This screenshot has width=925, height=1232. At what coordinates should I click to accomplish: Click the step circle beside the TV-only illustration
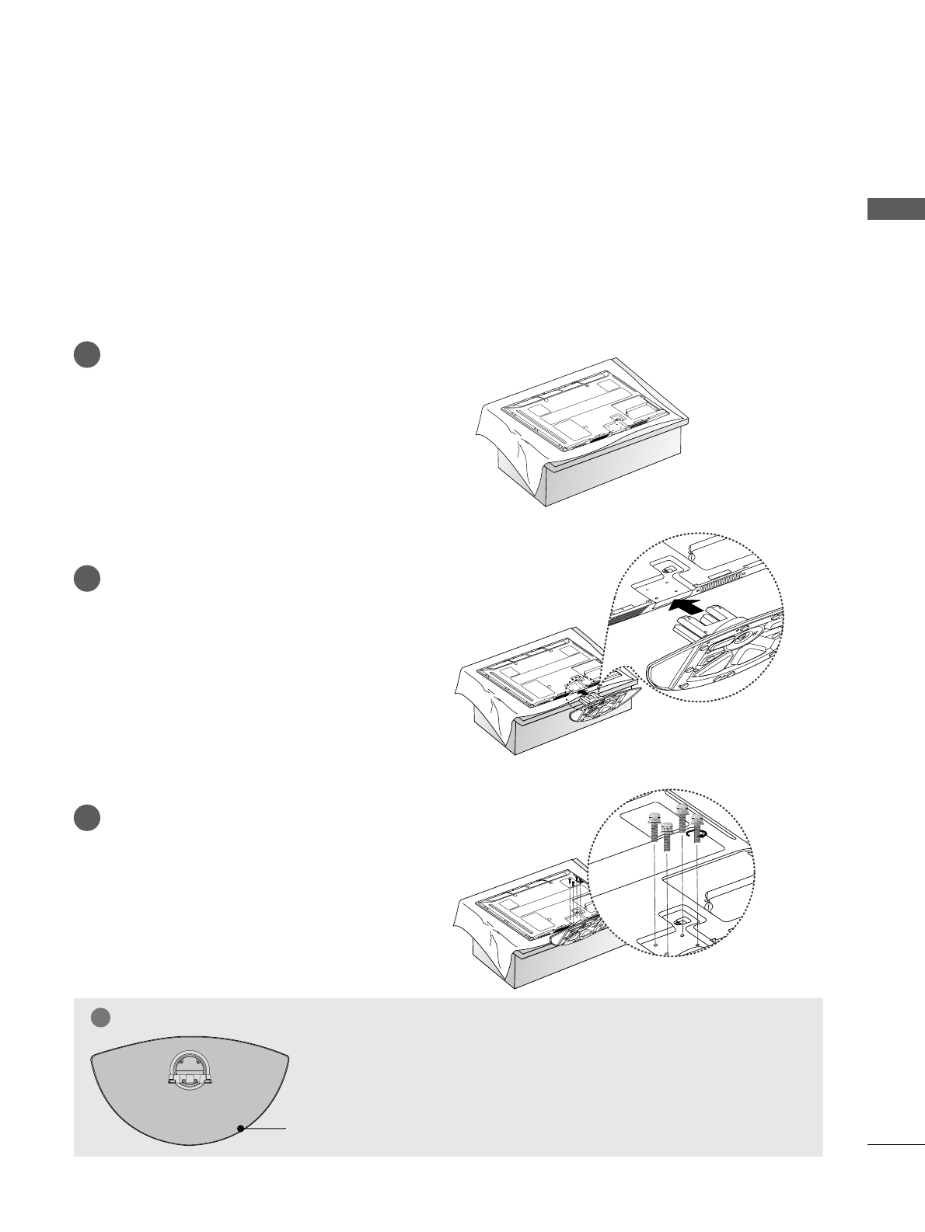[87, 355]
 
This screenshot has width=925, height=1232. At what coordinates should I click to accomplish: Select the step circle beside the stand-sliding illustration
[87, 579]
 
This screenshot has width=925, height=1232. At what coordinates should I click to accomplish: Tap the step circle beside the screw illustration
[87, 818]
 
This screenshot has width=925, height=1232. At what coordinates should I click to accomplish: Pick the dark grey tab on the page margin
[895, 210]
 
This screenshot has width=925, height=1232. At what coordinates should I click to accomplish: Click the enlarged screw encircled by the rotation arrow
[697, 830]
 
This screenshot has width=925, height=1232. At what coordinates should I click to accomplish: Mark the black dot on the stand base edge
[241, 1128]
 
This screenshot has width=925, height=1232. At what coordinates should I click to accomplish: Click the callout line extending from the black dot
[264, 1128]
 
